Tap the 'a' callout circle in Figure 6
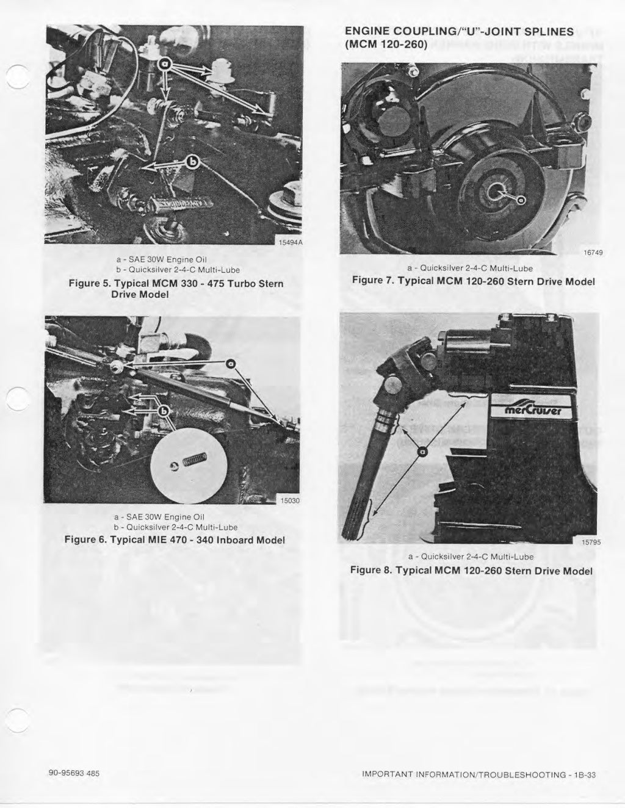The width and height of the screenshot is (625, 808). pyautogui.click(x=230, y=364)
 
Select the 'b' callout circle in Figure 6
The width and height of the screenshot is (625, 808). pyautogui.click(x=164, y=410)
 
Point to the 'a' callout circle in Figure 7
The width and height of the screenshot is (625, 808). pyautogui.click(x=521, y=200)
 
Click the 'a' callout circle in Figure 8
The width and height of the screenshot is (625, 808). pyautogui.click(x=421, y=452)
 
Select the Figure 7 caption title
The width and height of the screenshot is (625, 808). pyautogui.click(x=473, y=281)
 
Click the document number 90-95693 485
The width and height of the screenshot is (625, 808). pyautogui.click(x=74, y=773)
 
